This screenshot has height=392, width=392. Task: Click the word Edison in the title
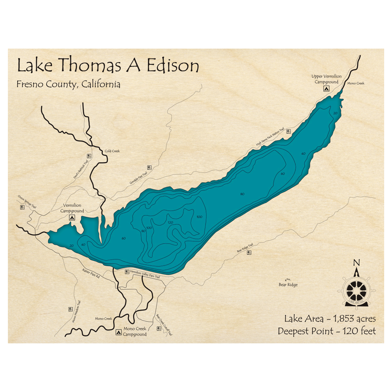pyautogui.click(x=172, y=65)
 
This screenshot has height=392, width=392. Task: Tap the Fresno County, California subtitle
pyautogui.click(x=69, y=84)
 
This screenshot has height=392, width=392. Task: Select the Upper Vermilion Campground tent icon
pyautogui.click(x=326, y=89)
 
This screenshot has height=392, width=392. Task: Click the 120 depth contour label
pyautogui.click(x=170, y=222)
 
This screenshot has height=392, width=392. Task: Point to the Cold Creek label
pyautogui.click(x=112, y=151)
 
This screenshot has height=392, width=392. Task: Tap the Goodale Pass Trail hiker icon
pyautogui.click(x=149, y=167)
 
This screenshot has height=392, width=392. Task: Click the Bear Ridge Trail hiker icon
pyautogui.click(x=249, y=252)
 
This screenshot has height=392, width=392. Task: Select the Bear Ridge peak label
pyautogui.click(x=288, y=285)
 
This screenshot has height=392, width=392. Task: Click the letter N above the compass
pyautogui.click(x=356, y=263)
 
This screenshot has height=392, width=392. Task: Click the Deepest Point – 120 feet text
pyautogui.click(x=327, y=331)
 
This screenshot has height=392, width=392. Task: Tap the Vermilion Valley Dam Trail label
pyautogui.click(x=145, y=274)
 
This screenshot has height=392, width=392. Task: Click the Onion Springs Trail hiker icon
pyautogui.click(x=22, y=207)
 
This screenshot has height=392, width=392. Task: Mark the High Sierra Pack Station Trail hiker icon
pyautogui.click(x=289, y=131)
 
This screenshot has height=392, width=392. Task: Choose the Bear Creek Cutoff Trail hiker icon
pyautogui.click(x=159, y=328)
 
